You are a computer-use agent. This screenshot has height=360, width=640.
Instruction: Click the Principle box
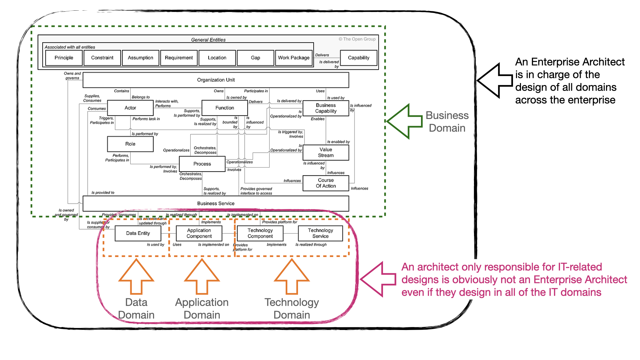point(64,58)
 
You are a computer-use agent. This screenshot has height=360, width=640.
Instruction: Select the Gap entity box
point(255,58)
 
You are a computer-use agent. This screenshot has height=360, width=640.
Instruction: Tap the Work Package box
point(294,58)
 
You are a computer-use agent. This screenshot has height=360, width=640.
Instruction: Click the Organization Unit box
point(216,80)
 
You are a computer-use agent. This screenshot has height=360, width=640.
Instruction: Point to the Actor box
point(130,108)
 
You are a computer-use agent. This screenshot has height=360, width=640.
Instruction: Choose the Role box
point(130,144)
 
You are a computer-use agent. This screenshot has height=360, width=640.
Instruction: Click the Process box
point(202,164)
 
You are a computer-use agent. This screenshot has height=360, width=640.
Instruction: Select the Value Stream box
point(326,153)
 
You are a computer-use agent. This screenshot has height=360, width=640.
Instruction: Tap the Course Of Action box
point(326,183)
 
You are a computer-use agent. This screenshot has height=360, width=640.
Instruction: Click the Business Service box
point(216,203)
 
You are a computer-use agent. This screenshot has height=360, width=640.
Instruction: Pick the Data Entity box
point(138,233)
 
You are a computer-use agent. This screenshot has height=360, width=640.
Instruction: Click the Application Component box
point(199,233)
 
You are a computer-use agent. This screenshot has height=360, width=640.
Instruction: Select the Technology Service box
point(320,233)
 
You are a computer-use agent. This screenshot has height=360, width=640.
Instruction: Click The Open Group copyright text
point(357,39)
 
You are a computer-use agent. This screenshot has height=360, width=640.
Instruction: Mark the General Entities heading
point(208,40)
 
